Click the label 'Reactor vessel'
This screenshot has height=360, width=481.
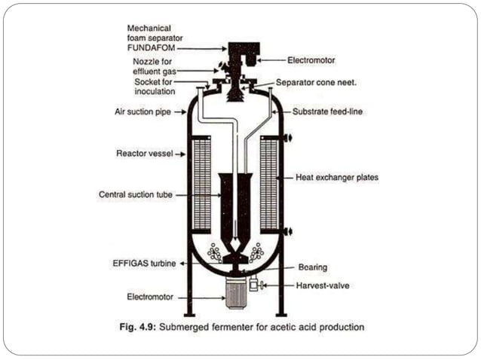142,153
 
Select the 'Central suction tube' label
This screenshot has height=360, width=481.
134,194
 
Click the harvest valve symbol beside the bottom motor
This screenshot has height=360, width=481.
254,285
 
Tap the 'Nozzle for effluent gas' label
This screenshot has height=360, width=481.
155,66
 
